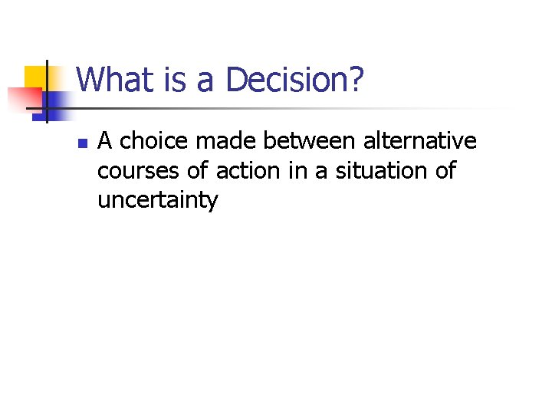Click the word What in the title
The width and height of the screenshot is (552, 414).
pos(112,80)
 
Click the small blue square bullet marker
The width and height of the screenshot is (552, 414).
pos(81,143)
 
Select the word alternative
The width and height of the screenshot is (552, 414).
pos(420,141)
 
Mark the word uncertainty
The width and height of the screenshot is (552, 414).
pos(158,201)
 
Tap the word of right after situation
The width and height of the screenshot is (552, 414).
pos(445,171)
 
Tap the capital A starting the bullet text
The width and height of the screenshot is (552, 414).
pos(106,141)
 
